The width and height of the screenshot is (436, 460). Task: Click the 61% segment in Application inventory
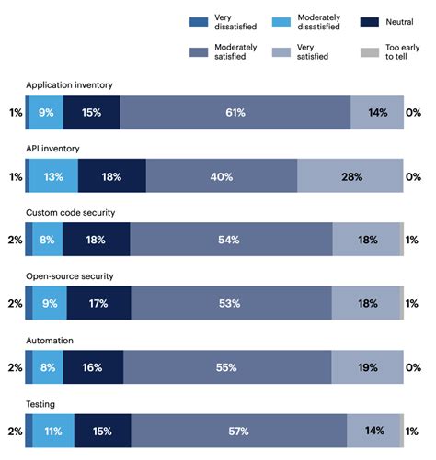(x=235, y=112)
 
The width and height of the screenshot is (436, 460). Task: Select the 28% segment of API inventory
(x=350, y=176)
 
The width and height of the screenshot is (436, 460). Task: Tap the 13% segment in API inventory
(x=53, y=176)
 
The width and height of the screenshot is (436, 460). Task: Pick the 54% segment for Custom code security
(x=230, y=240)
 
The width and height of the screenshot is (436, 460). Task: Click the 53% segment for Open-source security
(x=230, y=303)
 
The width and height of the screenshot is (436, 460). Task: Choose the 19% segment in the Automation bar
(x=366, y=367)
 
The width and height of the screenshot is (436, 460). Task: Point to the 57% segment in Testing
(x=238, y=431)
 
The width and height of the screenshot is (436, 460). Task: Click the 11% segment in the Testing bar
(x=53, y=431)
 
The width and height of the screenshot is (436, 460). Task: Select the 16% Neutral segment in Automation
(x=93, y=367)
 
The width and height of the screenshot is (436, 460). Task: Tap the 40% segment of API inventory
(x=221, y=176)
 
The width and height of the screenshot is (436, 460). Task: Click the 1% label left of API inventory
(x=14, y=176)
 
